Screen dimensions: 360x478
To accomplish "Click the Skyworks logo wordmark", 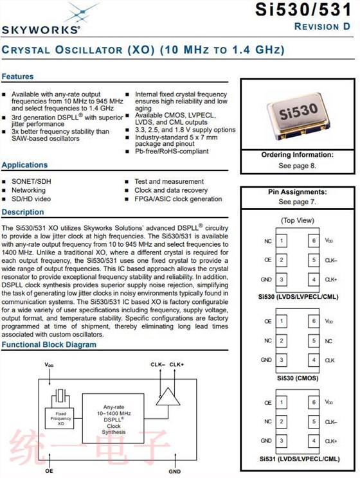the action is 41,30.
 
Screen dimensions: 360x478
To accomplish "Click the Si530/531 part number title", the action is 303,10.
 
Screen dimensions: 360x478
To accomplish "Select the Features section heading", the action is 18,76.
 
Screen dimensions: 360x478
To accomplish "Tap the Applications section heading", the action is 24,165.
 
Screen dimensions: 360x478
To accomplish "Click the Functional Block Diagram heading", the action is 49,345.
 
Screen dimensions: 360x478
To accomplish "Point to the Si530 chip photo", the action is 298,116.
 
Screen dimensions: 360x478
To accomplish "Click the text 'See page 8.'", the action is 297,166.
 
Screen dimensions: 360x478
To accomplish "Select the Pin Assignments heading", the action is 298,192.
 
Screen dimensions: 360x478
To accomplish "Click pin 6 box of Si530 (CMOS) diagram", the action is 314,321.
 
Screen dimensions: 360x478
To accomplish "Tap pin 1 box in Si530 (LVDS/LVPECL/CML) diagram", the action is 282,241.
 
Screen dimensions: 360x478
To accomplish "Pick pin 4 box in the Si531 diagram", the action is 314,441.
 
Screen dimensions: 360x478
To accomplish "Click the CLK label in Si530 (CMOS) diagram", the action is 330,360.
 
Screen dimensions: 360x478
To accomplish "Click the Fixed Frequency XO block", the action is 60,418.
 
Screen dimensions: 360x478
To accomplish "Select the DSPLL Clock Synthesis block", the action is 114,418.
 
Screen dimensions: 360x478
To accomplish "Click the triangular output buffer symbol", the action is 168,396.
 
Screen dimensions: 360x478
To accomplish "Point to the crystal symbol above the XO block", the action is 60,397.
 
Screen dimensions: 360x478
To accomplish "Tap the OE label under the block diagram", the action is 49,471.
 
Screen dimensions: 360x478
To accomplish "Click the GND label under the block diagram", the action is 175,472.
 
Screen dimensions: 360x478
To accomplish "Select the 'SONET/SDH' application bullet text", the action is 32,181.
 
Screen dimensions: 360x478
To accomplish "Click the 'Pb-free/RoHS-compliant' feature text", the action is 172,151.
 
